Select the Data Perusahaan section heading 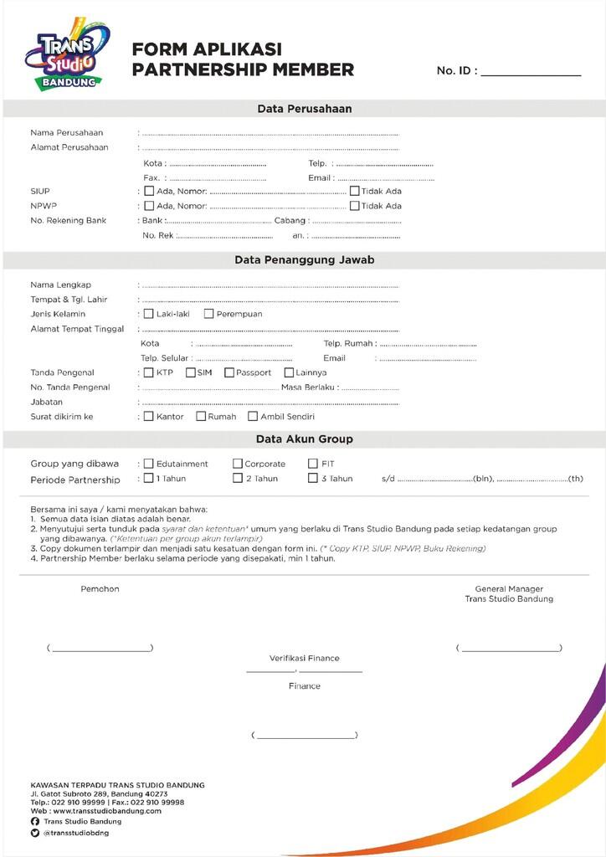(x=304, y=109)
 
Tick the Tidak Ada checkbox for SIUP (x=354, y=191)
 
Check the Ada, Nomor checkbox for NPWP (x=149, y=206)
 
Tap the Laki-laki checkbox (x=149, y=314)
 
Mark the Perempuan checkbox (x=208, y=314)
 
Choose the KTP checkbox (x=149, y=372)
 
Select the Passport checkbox (x=229, y=372)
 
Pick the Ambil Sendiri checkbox (x=253, y=416)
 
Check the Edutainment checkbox (x=149, y=464)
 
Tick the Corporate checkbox (x=238, y=464)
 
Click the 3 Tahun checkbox (x=313, y=479)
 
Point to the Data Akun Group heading (x=304, y=439)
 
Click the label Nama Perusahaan (x=67, y=133)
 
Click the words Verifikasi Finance (x=304, y=659)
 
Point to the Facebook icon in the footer (x=35, y=822)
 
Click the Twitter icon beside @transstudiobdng (x=35, y=834)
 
